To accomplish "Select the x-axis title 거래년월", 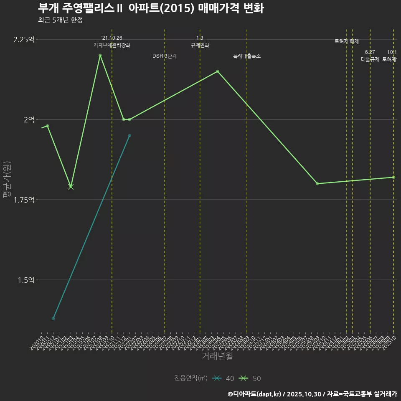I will click(x=217, y=356).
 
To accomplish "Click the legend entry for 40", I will click(x=223, y=378).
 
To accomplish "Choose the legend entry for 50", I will click(x=250, y=378).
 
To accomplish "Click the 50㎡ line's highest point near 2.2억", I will click(x=100, y=56).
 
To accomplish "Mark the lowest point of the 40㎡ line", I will click(x=53, y=318).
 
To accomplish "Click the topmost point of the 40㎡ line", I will click(x=129, y=135).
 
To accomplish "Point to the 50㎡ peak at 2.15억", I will click(x=217, y=71).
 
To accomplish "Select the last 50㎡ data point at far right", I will click(x=393, y=177).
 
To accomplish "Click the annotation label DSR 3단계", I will click(x=165, y=56).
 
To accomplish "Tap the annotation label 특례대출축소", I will click(x=247, y=56).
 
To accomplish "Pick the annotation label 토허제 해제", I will click(x=347, y=41).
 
